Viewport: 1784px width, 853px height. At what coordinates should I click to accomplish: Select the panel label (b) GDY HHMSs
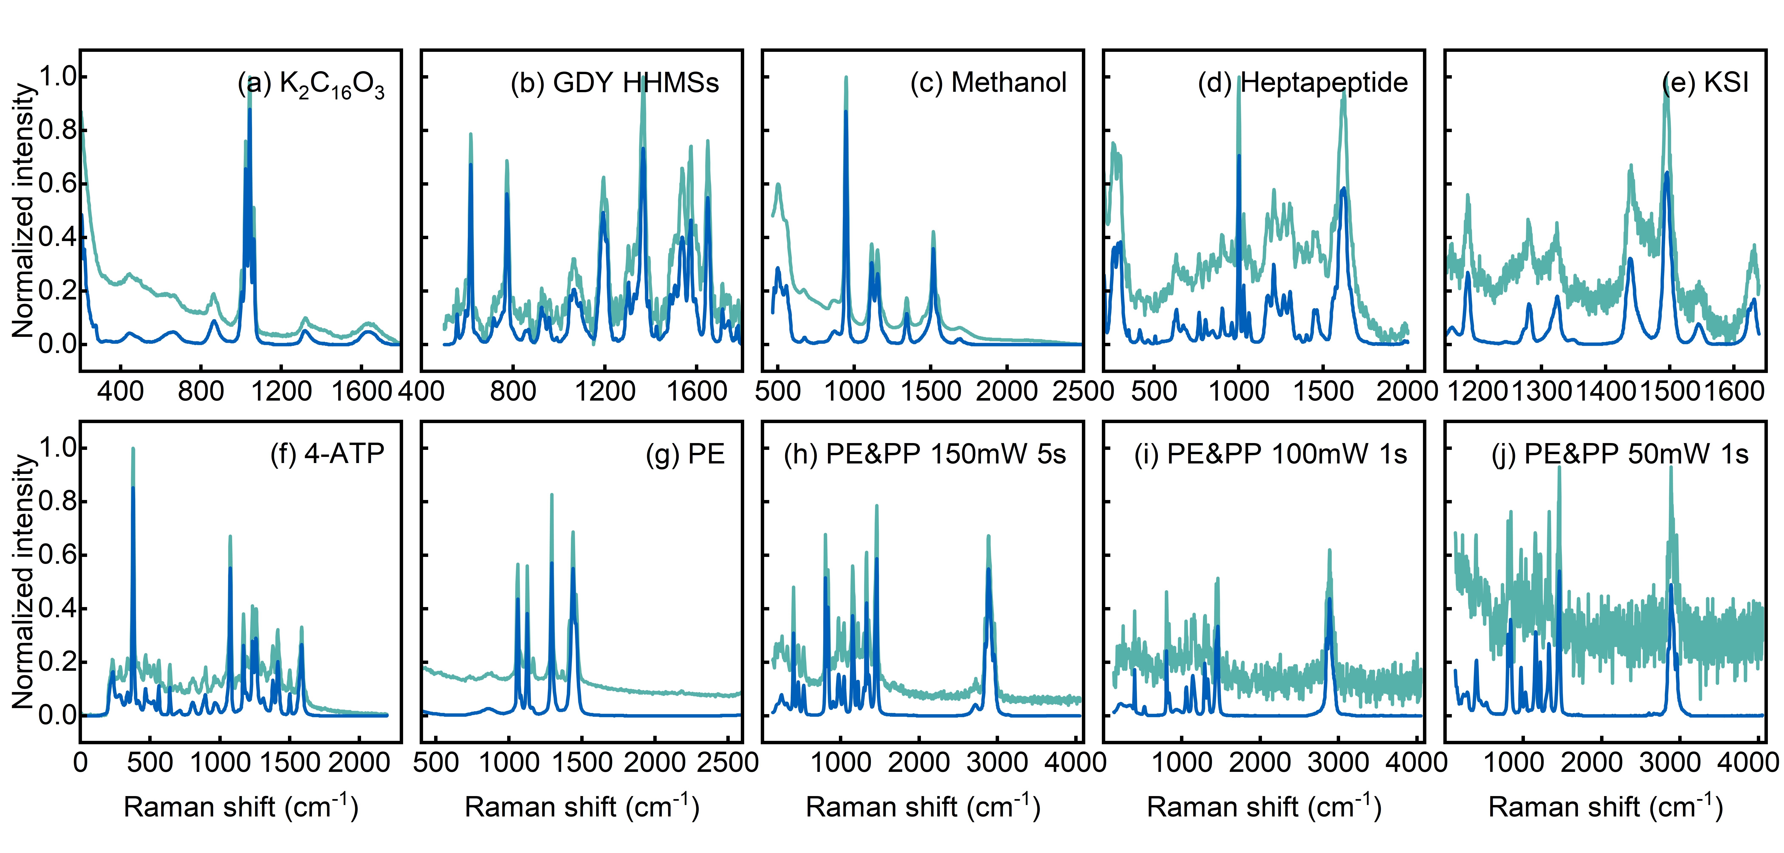pos(614,83)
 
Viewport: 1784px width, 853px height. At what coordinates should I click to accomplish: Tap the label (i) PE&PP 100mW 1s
pos(1270,454)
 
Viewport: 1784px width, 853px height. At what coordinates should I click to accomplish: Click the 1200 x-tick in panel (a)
pos(281,391)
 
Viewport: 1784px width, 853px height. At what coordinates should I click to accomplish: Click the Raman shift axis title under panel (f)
pos(241,807)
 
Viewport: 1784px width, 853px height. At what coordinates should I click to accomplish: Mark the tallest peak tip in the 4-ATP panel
pos(133,449)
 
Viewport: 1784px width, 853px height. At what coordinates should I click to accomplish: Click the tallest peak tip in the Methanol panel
pos(846,78)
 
